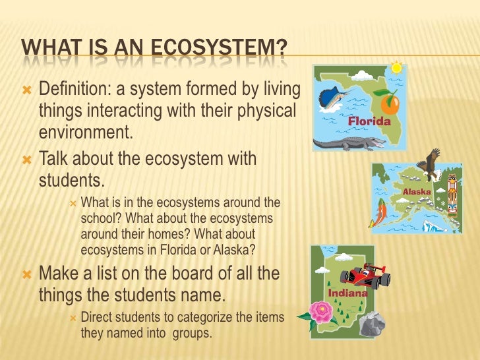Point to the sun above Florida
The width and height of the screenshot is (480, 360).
click(396, 67)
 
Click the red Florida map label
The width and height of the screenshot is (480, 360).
click(369, 121)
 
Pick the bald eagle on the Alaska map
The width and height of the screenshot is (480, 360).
click(431, 165)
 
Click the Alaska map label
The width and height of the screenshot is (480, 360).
click(417, 192)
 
